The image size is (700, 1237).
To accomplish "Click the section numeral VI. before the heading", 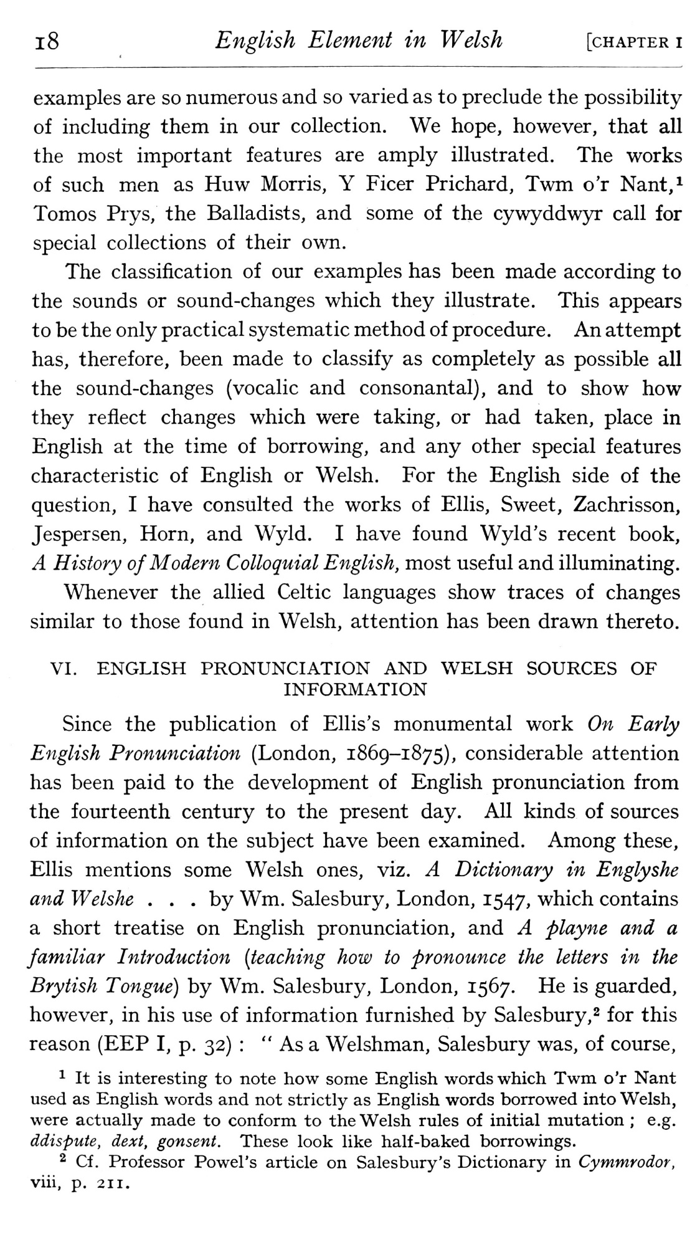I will (x=65, y=669).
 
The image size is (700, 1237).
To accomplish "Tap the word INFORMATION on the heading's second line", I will (x=355, y=690).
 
